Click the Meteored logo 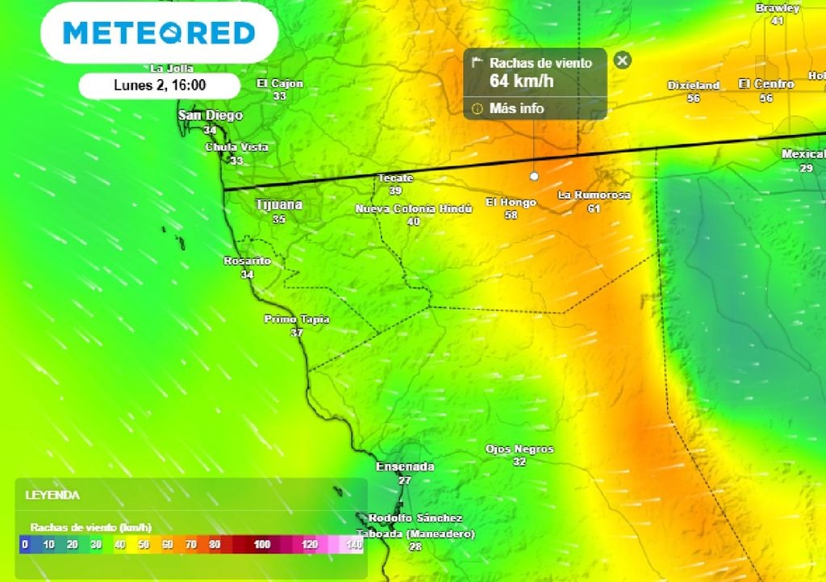(159, 33)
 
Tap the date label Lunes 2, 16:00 (159, 85)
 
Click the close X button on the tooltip (622, 61)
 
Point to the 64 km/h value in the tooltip (521, 81)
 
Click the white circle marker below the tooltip (533, 175)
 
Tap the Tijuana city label (278, 205)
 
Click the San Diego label (210, 115)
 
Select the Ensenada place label (405, 467)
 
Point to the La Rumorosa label (594, 195)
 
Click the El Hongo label (511, 203)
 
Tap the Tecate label (395, 178)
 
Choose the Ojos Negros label (519, 449)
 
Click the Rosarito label (247, 262)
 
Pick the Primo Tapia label (297, 320)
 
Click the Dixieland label (693, 85)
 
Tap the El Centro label (766, 84)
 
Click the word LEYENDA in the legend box (52, 495)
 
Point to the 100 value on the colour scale (261, 545)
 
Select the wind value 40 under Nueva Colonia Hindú (413, 221)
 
